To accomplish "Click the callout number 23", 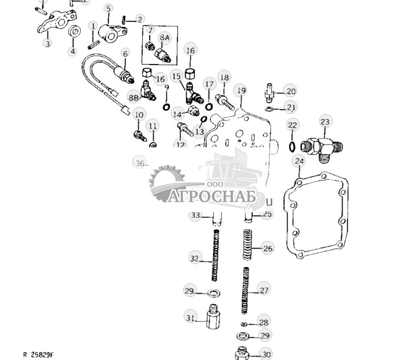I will tap(325, 122).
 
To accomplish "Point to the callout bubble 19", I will tap(240, 91).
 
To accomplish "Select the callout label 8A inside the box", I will tap(164, 37).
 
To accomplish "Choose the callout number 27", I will tap(264, 290).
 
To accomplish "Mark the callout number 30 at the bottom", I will tap(265, 354).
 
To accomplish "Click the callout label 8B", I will tap(134, 98).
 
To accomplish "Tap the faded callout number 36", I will tap(140, 163).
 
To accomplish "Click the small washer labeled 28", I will tap(244, 324).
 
